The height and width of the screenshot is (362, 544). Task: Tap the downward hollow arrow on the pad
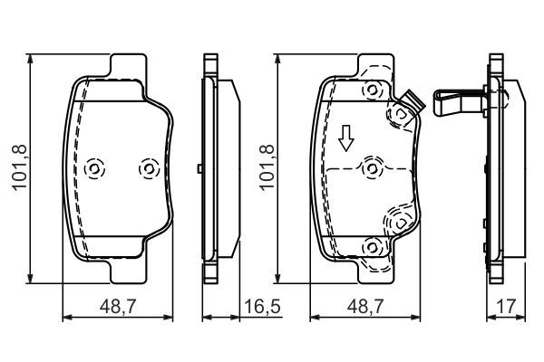(x=345, y=138)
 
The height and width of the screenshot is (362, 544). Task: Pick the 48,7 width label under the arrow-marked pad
(x=366, y=309)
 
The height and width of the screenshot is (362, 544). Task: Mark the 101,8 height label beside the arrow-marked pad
(x=265, y=167)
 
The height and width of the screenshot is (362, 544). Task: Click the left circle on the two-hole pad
(x=95, y=169)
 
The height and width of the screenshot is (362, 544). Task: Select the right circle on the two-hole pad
(x=147, y=169)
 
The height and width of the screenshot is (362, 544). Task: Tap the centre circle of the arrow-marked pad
(x=370, y=168)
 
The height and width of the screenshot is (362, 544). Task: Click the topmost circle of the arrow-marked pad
(x=369, y=90)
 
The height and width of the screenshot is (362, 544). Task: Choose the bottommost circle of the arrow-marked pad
(x=369, y=246)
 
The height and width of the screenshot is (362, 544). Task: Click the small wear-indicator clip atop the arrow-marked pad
(x=409, y=102)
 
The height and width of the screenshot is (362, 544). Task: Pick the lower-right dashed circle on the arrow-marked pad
(x=399, y=220)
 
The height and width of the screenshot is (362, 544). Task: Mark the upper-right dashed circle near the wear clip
(x=397, y=114)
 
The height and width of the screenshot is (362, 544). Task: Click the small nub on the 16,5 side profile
(x=199, y=168)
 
